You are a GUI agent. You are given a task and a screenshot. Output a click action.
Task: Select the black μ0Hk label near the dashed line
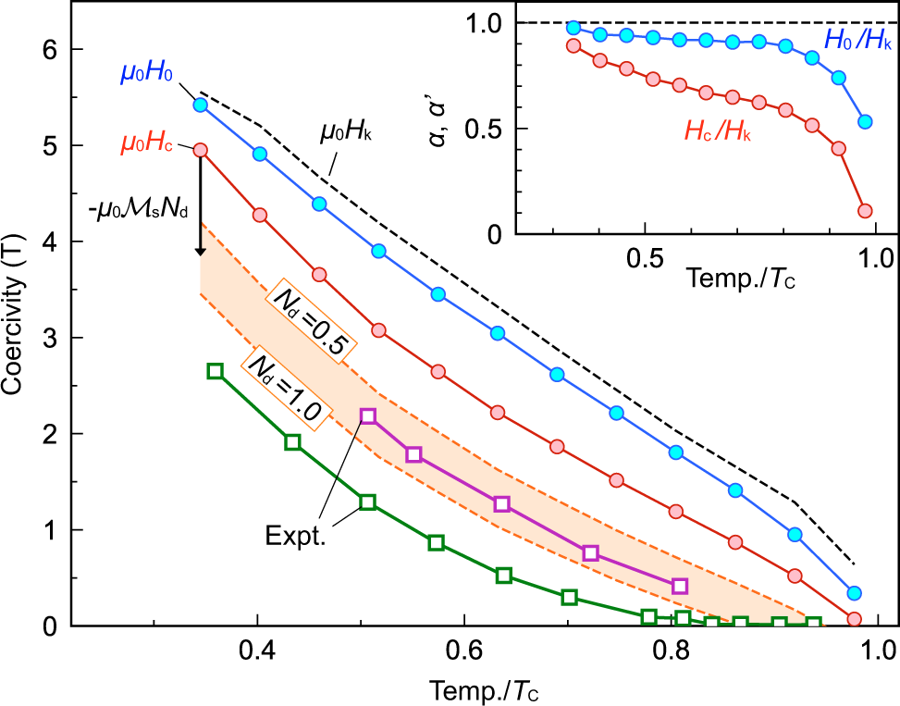click(347, 131)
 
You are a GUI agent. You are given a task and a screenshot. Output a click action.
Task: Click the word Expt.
click(295, 538)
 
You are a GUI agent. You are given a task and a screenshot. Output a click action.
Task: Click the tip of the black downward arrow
click(200, 254)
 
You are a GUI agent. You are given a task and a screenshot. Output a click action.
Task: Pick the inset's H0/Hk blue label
click(857, 40)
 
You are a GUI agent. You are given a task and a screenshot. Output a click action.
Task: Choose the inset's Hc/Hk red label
click(718, 134)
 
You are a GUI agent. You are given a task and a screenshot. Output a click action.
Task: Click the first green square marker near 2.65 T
click(216, 370)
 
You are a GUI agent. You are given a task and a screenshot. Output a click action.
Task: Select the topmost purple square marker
click(368, 416)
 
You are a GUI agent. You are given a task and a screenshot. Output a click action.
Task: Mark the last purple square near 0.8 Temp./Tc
click(680, 586)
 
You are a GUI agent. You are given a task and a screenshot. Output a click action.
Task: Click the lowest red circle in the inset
click(865, 210)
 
